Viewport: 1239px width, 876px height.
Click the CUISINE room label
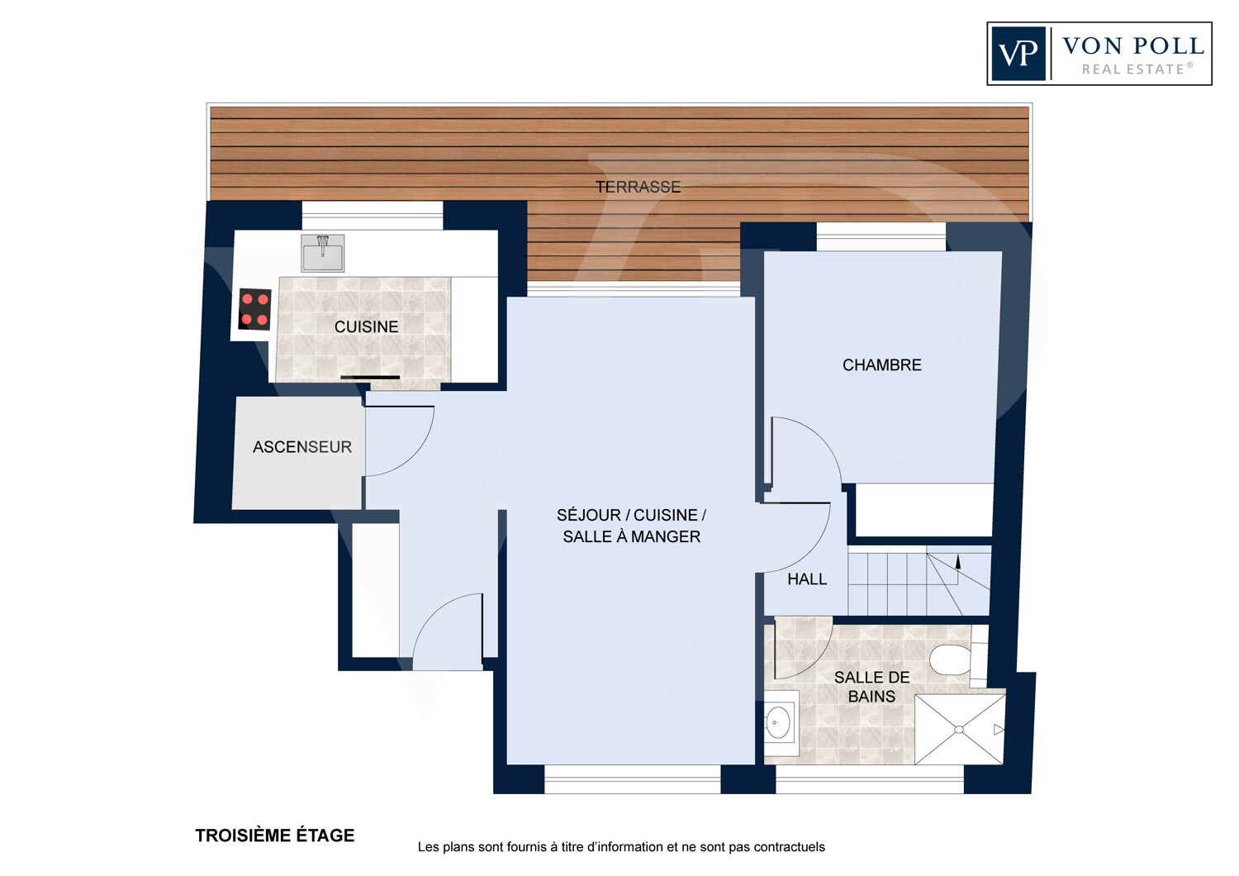tap(366, 327)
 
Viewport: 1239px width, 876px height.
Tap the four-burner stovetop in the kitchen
tap(255, 309)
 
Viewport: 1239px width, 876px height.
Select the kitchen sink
tap(322, 253)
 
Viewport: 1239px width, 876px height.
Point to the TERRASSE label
tap(638, 187)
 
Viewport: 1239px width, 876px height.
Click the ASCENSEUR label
tap(302, 447)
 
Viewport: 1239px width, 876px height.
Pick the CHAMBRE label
tap(881, 365)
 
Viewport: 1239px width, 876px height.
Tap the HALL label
tap(807, 579)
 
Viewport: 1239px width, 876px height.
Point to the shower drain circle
tap(959, 730)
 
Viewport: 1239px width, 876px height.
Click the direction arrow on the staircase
tap(958, 563)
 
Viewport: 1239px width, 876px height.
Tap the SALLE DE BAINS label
tap(871, 687)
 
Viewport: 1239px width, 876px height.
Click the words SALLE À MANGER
tap(632, 537)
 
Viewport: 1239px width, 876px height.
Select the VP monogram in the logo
tap(1018, 54)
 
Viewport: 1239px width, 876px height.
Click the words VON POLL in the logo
tap(1132, 46)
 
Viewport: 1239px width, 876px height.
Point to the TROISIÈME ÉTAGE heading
tap(275, 835)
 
